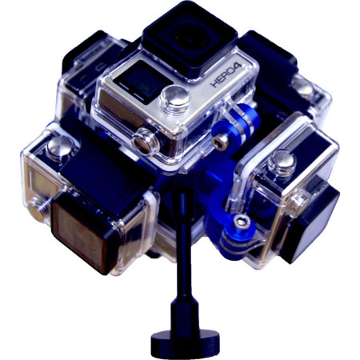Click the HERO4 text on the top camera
[x=226, y=74]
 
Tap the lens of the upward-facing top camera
[x=189, y=38]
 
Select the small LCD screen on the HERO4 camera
[x=142, y=81]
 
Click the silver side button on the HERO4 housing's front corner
[x=146, y=142]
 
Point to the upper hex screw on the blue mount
[x=222, y=140]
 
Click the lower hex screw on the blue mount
[x=242, y=222]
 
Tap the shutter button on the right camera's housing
[x=282, y=163]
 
